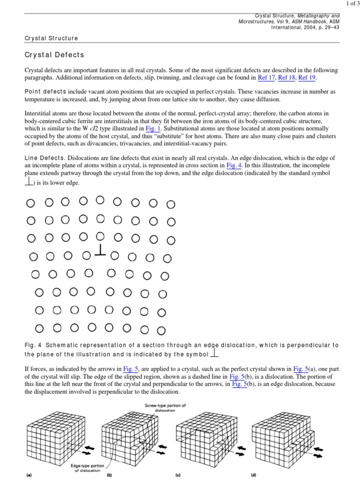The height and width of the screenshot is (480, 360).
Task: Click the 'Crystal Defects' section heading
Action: pyautogui.click(x=54, y=55)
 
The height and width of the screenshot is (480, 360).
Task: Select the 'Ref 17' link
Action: pyautogui.click(x=266, y=78)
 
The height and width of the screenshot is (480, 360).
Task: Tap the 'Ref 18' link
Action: pyautogui.click(x=286, y=78)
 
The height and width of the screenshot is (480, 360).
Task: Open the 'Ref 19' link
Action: pyautogui.click(x=307, y=78)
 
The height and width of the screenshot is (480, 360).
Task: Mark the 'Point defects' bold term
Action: pyautogui.click(x=45, y=92)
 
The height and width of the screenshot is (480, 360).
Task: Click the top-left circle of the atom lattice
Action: pyautogui.click(x=30, y=203)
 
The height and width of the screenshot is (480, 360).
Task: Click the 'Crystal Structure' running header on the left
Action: pyautogui.click(x=51, y=38)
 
